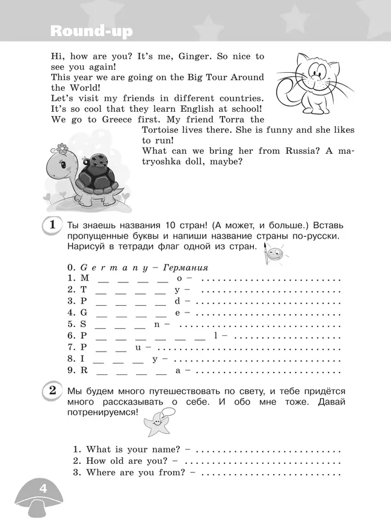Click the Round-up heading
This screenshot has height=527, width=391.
pos(92,31)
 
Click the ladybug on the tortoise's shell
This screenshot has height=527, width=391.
pos(97,160)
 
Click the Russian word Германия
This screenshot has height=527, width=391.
pos(186,267)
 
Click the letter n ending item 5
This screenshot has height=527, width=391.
pos(156,324)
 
